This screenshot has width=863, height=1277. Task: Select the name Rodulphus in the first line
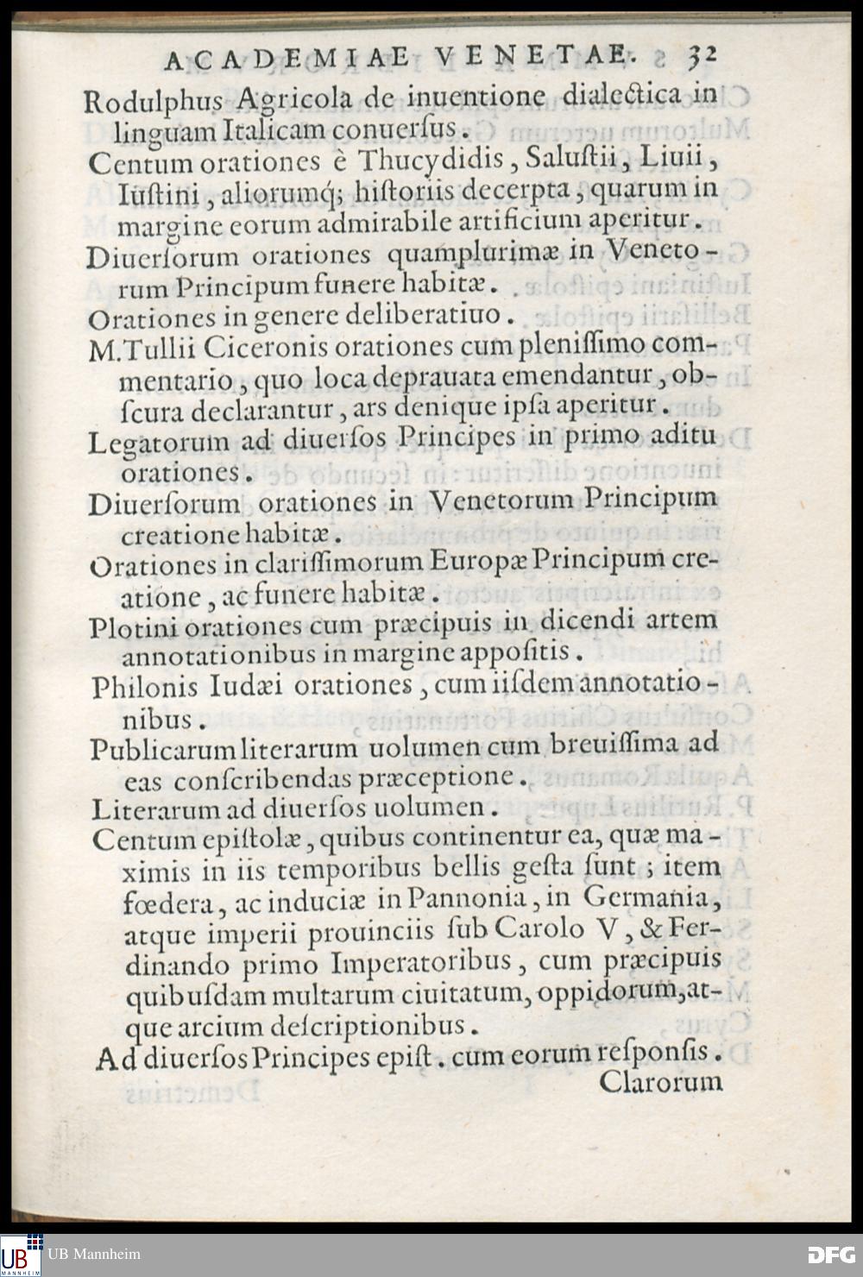click(x=153, y=101)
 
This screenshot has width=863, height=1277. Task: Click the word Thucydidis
click(x=432, y=160)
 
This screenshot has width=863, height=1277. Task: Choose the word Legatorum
click(x=159, y=443)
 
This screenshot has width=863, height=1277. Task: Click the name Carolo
click(x=539, y=930)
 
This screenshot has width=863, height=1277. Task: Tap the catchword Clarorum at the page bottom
click(x=660, y=1082)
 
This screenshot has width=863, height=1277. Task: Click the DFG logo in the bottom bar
click(x=831, y=1255)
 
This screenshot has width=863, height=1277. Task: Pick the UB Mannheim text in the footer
click(x=94, y=1255)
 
